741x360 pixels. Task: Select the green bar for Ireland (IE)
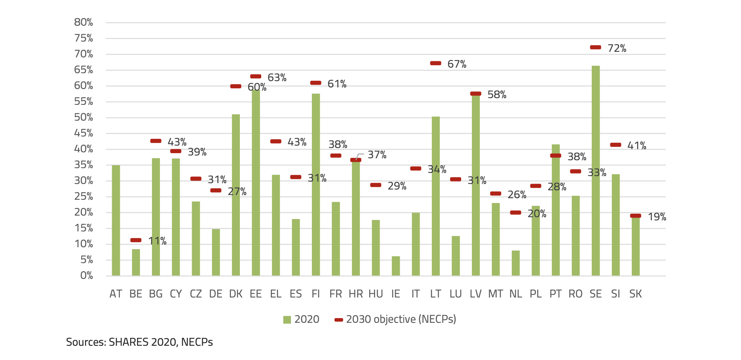pyautogui.click(x=395, y=266)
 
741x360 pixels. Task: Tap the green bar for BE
pyautogui.click(x=136, y=262)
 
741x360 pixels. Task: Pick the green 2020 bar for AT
pyautogui.click(x=116, y=220)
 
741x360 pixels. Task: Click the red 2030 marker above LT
pyautogui.click(x=435, y=63)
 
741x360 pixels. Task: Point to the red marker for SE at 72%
pyautogui.click(x=595, y=47)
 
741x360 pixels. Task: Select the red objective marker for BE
pyautogui.click(x=136, y=240)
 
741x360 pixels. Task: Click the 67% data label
pyautogui.click(x=457, y=64)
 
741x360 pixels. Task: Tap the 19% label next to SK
pyautogui.click(x=657, y=217)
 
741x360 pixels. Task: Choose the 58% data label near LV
pyautogui.click(x=497, y=95)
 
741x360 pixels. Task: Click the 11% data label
pyautogui.click(x=157, y=241)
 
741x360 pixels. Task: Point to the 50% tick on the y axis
pyautogui.click(x=84, y=117)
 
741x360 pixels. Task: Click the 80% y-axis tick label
pyautogui.click(x=84, y=23)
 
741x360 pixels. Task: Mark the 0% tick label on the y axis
pyautogui.click(x=86, y=276)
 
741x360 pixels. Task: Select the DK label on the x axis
pyautogui.click(x=236, y=294)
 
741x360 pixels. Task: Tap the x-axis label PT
pyautogui.click(x=555, y=294)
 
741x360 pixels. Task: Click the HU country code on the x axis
pyautogui.click(x=376, y=294)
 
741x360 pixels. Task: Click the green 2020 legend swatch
pyautogui.click(x=287, y=320)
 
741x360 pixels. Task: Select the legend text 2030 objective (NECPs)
pyautogui.click(x=401, y=319)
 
